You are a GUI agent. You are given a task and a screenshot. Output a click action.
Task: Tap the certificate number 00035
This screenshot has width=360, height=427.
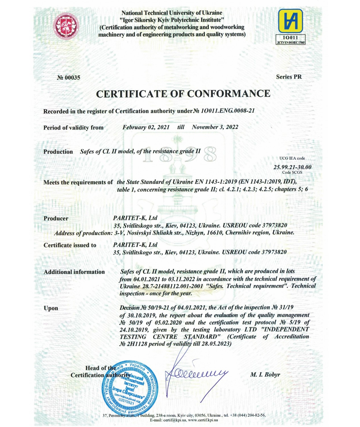point(69,77)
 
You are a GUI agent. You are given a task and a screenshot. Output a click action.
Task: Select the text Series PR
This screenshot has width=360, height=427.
point(289,77)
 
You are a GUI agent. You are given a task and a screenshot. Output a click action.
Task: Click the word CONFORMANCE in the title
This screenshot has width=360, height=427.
point(229,93)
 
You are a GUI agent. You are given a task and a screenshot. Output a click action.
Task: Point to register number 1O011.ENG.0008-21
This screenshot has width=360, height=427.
point(227,111)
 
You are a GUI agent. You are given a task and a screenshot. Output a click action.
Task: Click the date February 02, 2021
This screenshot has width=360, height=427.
point(146,127)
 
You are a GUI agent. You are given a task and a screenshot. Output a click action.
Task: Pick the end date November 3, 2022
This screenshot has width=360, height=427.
point(215,127)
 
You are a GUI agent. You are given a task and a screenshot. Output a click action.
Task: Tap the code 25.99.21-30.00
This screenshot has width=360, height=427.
point(292,167)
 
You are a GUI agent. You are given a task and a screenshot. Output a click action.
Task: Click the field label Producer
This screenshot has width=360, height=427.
point(56,218)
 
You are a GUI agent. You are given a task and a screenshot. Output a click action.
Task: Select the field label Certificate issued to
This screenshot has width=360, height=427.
point(70,245)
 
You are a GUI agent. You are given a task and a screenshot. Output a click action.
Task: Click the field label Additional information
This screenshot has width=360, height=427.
point(74,272)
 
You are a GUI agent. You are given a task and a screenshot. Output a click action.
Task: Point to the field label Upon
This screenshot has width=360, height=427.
point(51,308)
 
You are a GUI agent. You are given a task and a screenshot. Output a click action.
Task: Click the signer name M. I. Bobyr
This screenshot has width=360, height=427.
point(265,374)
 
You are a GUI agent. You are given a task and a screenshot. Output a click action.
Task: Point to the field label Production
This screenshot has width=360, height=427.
point(58,152)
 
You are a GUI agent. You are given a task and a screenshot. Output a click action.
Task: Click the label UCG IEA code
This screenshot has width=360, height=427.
point(292,158)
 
